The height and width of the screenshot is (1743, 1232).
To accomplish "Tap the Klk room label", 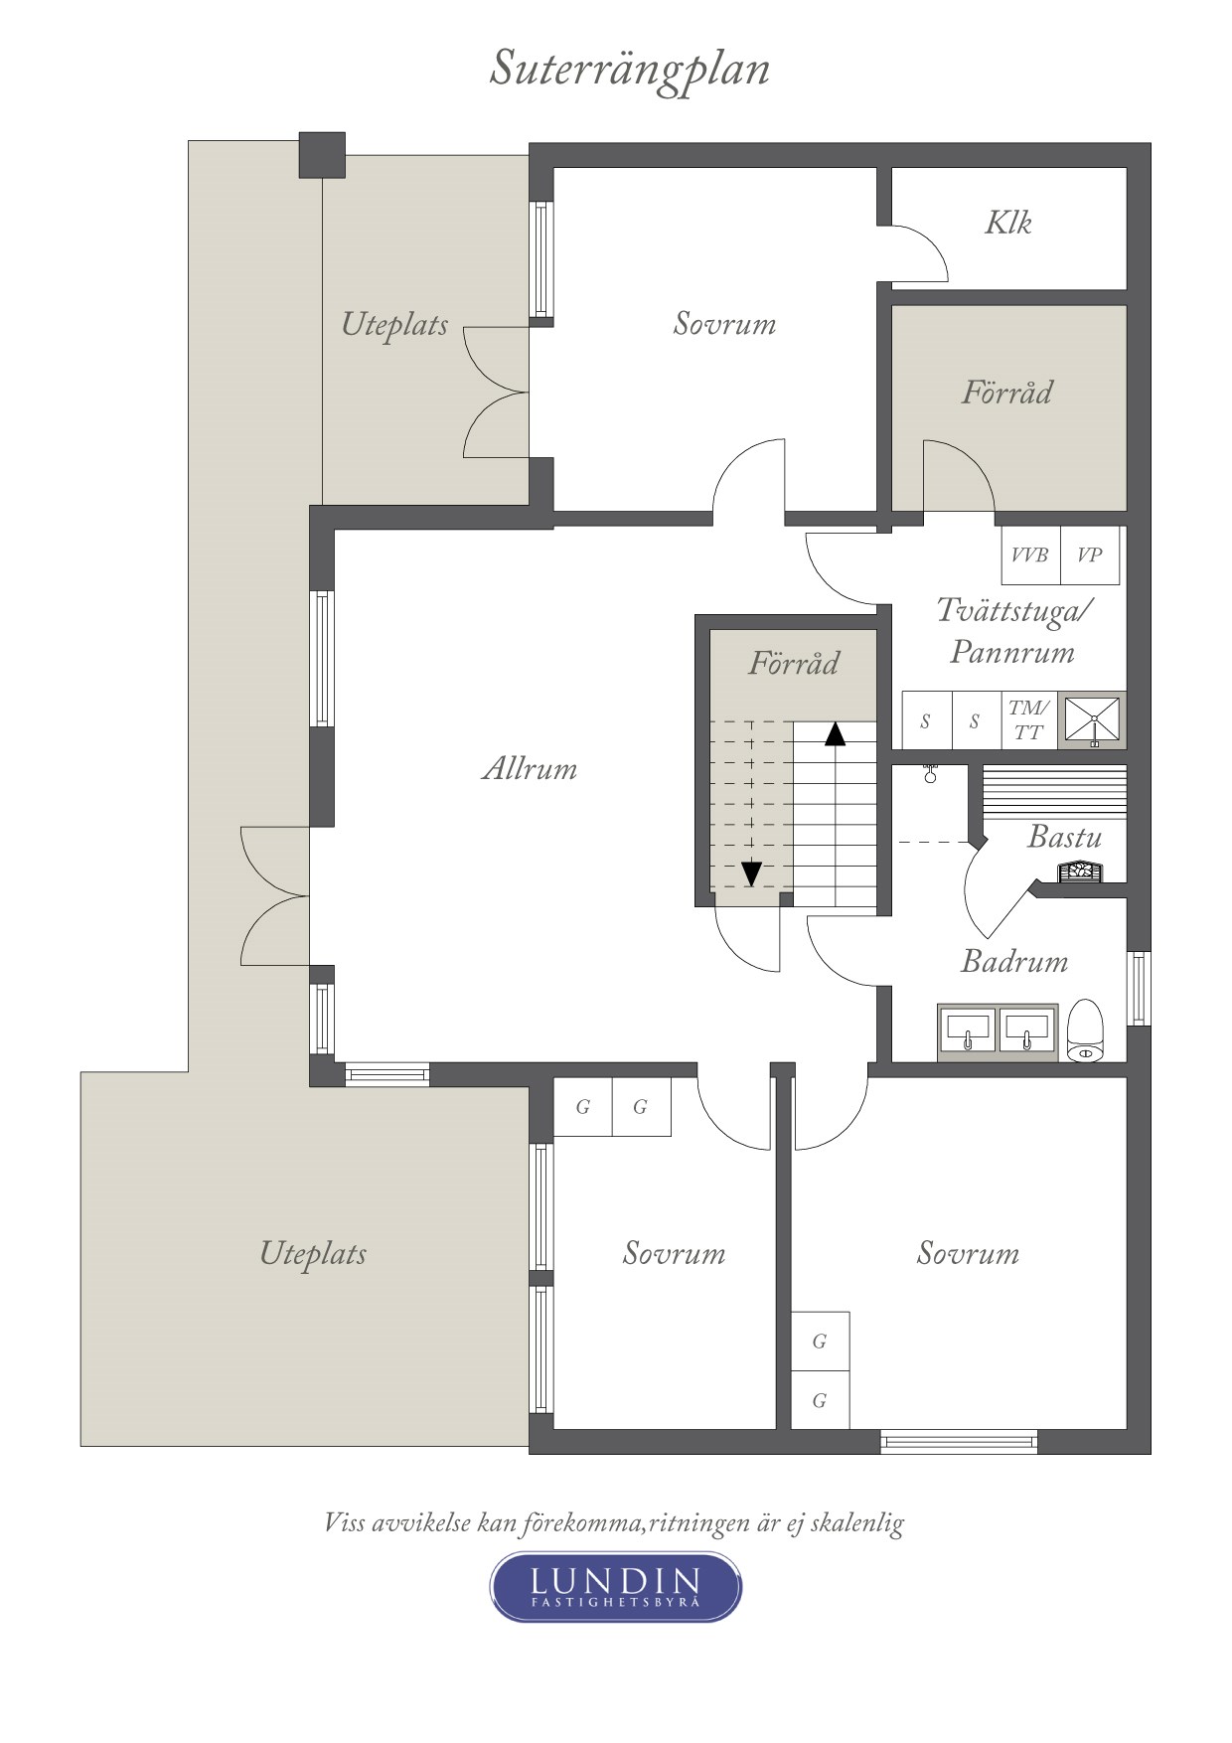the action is coord(1007,222).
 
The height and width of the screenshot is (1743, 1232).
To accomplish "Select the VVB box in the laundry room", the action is coord(1030,555).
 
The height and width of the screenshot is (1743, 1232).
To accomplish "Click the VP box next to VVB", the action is coord(1090,555).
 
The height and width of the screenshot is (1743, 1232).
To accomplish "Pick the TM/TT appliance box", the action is coord(1028,720).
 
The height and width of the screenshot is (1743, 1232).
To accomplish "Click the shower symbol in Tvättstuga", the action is coord(1092,719).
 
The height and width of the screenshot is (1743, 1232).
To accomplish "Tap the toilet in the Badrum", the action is coord(1086,1030).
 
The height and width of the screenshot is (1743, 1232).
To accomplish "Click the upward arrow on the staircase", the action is coord(835,733).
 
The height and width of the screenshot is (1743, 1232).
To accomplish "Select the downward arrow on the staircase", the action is coord(752,873).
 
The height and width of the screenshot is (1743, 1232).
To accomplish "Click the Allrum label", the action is coord(530,768).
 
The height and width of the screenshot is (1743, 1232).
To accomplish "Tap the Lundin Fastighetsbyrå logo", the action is coord(616,1587).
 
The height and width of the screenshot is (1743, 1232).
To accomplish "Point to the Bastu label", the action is coord(1064,837).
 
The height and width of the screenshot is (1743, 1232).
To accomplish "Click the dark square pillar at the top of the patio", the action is coord(322,155).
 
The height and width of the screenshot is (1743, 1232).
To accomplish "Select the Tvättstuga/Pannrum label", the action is coord(1013,630).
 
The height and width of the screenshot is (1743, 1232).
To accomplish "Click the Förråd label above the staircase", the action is coord(793,663).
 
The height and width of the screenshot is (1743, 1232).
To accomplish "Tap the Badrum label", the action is coord(1014,961).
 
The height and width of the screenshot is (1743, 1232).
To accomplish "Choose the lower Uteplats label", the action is coord(313,1254).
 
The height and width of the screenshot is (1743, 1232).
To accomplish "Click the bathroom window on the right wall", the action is coord(1140,988).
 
